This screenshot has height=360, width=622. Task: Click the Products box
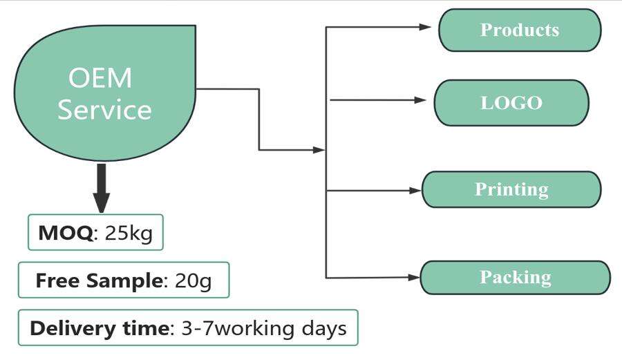pyautogui.click(x=520, y=30)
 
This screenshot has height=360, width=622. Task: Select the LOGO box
pyautogui.click(x=511, y=103)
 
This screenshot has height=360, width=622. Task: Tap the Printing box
pyautogui.click(x=511, y=189)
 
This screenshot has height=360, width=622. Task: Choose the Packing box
pyautogui.click(x=516, y=278)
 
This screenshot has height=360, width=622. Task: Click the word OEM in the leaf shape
pyautogui.click(x=100, y=77)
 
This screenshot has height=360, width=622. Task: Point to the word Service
pyautogui.click(x=105, y=109)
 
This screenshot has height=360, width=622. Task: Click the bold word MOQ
pyautogui.click(x=66, y=232)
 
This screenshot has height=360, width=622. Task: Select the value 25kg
pyautogui.click(x=129, y=233)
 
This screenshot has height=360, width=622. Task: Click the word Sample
pyautogui.click(x=124, y=281)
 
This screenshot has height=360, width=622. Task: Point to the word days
pyautogui.click(x=324, y=328)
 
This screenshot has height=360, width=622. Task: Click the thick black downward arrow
pyautogui.click(x=102, y=189)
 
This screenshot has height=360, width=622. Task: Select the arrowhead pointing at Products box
pyautogui.click(x=425, y=27)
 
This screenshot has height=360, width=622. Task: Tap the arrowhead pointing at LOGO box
pyautogui.click(x=420, y=100)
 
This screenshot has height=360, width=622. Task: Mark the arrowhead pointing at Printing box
pyautogui.click(x=415, y=191)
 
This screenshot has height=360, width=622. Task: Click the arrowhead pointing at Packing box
pyautogui.click(x=414, y=278)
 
